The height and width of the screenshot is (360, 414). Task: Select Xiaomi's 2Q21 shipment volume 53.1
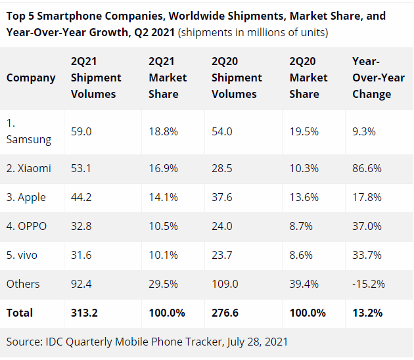tap(81, 168)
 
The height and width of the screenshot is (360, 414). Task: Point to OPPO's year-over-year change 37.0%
tap(367, 226)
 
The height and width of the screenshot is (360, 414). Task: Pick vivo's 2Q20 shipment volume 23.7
tap(222, 255)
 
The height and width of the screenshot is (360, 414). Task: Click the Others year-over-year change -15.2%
tap(369, 284)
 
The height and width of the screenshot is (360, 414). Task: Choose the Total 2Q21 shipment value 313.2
tap(84, 313)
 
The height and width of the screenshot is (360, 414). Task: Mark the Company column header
tap(31, 78)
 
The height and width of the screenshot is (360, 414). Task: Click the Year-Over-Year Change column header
tap(379, 78)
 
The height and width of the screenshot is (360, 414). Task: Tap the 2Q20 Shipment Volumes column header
tap(237, 78)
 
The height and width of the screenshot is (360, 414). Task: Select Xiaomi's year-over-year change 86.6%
tap(367, 168)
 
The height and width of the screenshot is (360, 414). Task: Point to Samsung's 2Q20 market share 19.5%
tap(304, 131)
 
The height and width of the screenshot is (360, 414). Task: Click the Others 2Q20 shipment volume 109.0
tap(225, 284)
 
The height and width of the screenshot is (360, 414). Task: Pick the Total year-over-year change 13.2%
tap(367, 313)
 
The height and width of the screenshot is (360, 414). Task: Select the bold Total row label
tap(20, 313)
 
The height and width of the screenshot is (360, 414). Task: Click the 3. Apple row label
tap(26, 197)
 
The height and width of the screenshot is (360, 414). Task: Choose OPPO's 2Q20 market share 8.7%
tap(301, 226)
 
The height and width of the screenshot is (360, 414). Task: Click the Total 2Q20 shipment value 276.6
tap(225, 313)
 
